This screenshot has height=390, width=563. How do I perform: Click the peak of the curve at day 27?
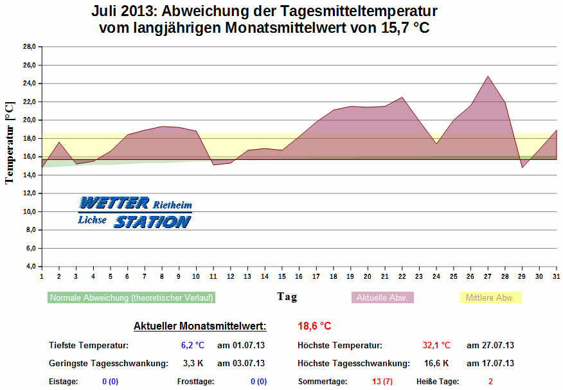click(x=488, y=76)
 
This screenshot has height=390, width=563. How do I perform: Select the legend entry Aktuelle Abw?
click(x=382, y=297)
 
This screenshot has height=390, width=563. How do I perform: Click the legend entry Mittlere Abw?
click(x=490, y=297)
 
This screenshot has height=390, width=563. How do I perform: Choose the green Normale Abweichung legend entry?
click(x=131, y=297)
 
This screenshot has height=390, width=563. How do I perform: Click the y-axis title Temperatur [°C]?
click(x=10, y=142)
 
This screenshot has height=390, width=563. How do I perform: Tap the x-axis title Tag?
click(x=287, y=296)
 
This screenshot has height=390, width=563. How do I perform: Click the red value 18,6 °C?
click(x=314, y=326)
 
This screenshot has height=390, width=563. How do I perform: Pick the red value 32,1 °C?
click(x=436, y=345)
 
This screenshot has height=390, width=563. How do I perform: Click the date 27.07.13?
click(x=490, y=345)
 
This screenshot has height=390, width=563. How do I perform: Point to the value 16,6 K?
click(x=436, y=363)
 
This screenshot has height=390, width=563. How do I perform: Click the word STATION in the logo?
click(x=152, y=222)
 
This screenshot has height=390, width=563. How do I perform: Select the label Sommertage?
click(x=322, y=381)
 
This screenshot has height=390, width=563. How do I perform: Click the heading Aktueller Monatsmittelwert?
click(x=199, y=326)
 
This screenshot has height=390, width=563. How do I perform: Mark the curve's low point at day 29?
click(x=523, y=167)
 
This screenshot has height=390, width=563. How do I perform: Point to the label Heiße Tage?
click(x=438, y=381)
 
